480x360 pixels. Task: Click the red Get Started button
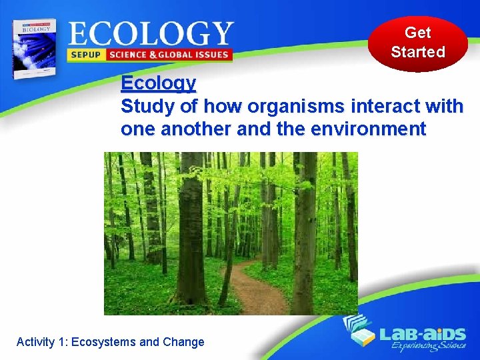point(418,43)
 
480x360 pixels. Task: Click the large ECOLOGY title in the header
point(150,33)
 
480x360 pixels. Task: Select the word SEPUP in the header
point(85,55)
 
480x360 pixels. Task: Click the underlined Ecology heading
point(159,83)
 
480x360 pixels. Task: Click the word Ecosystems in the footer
point(104,342)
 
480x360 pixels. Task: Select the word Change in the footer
point(183,342)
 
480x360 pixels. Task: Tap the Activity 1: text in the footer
point(42,342)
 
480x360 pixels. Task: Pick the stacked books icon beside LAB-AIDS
point(359,331)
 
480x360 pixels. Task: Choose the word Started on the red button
point(418,52)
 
